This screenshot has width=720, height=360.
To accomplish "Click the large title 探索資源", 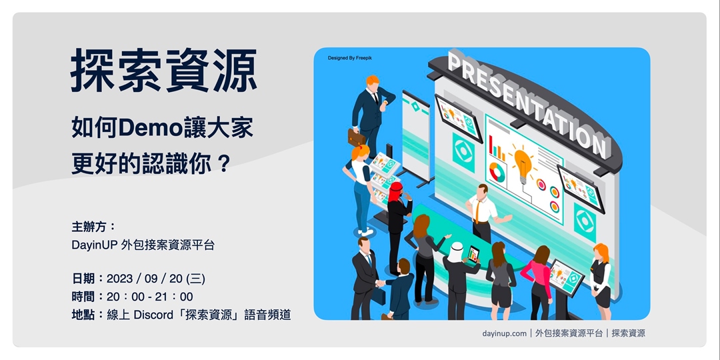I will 164,71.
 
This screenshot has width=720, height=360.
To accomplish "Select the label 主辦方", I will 94,226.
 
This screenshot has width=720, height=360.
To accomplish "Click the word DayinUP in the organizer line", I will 94,245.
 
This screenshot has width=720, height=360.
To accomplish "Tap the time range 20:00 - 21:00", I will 150,297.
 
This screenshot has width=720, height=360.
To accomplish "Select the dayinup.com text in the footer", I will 504,333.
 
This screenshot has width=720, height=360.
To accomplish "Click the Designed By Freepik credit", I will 349,59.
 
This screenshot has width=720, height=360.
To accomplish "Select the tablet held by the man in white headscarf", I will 473,253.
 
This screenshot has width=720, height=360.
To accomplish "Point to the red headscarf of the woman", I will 397,189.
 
